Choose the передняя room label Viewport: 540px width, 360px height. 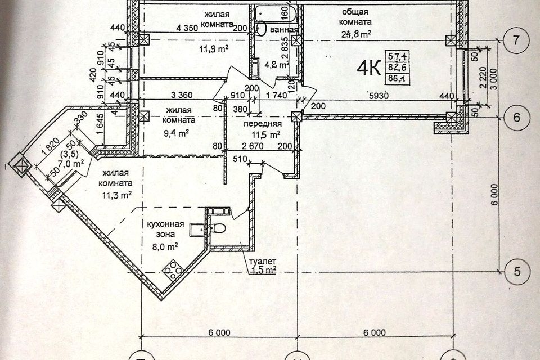(262, 124)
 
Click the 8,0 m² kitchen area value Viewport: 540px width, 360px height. (166, 246)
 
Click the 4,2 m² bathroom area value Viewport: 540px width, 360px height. (277, 64)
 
